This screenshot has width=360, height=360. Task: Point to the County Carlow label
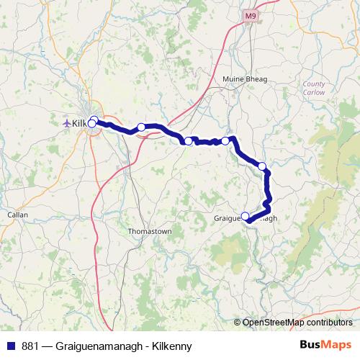[314, 88]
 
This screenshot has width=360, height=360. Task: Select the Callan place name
[17, 215]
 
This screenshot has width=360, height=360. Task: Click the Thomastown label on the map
[150, 232]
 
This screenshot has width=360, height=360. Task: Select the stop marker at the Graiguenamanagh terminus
[246, 215]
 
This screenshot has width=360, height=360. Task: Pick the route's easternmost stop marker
[262, 166]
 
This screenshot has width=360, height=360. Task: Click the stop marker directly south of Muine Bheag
[225, 141]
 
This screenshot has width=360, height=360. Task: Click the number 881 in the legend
[30, 346]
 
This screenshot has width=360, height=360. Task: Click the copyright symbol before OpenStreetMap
[238, 322]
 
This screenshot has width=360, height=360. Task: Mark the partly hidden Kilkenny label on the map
[79, 123]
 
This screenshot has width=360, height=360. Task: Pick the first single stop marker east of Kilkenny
[141, 127]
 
